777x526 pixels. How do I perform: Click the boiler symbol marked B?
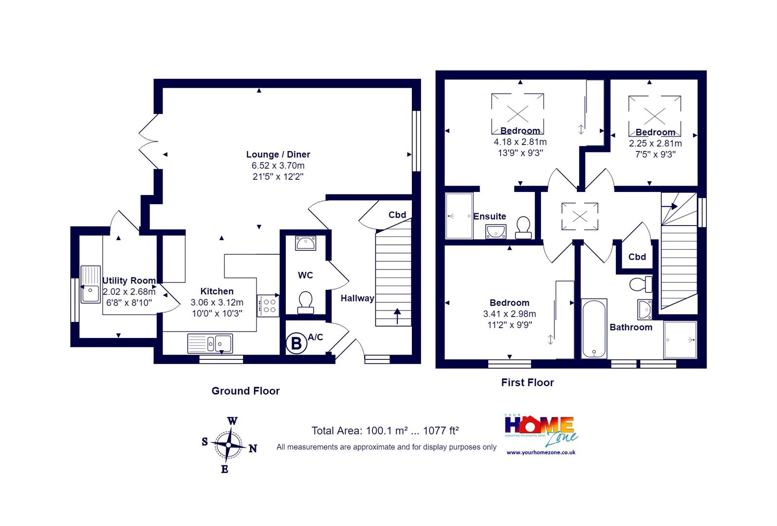click(296, 343)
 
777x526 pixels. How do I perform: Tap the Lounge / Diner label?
click(278, 154)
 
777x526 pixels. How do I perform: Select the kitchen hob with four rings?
click(268, 306)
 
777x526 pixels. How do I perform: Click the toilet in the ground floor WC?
click(305, 302)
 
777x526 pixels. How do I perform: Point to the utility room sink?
click(91, 284)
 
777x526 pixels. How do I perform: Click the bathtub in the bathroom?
click(594, 328)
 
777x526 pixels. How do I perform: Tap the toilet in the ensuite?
click(523, 227)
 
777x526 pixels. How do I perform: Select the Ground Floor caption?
click(245, 391)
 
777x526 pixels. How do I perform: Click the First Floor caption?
click(527, 382)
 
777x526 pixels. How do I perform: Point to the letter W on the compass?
click(232, 421)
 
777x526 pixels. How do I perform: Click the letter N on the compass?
click(253, 449)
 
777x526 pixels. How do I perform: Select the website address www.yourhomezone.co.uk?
click(541, 452)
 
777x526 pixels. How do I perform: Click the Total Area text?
click(385, 431)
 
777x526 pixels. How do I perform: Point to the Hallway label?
click(357, 299)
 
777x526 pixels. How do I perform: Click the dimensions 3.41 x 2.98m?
click(509, 314)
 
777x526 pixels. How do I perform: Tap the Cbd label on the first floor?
click(637, 257)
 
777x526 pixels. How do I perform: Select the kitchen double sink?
click(210, 343)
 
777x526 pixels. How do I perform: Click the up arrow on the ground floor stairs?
click(397, 316)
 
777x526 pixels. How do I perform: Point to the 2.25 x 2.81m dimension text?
click(655, 143)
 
